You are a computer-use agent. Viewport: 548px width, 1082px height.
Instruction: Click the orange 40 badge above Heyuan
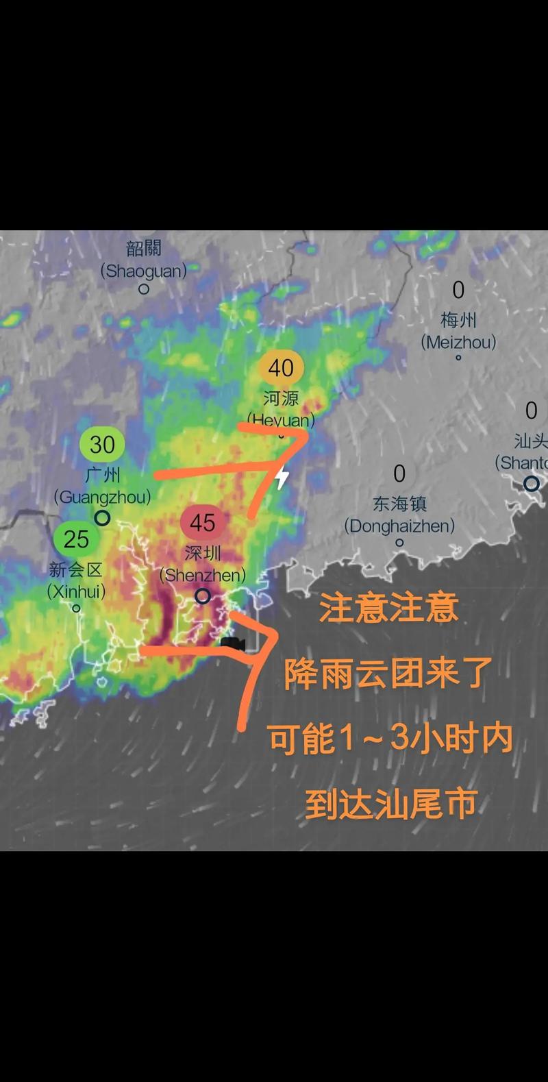[281, 369]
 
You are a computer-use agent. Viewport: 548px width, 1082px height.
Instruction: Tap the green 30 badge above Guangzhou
[102, 445]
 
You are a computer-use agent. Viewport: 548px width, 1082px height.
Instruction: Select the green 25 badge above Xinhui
[76, 539]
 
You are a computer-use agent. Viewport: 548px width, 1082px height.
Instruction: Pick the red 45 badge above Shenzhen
[202, 524]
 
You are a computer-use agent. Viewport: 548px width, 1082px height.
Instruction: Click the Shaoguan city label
[144, 260]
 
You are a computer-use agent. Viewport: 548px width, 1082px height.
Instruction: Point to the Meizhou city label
[458, 331]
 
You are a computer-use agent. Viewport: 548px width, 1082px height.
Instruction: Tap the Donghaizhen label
[399, 515]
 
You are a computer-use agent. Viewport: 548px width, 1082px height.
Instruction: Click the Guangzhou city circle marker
[102, 518]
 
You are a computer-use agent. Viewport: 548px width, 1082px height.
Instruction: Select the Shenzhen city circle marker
[202, 596]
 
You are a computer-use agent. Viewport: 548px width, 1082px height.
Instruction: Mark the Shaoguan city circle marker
[144, 289]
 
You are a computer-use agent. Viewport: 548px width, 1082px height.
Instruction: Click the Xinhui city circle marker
[77, 608]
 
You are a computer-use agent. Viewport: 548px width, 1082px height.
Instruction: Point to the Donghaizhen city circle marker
[399, 543]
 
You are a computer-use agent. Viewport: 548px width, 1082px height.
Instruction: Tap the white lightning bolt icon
[282, 477]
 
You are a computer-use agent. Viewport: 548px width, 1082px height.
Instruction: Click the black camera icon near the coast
[233, 644]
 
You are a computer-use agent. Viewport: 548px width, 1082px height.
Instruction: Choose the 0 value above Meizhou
[458, 291]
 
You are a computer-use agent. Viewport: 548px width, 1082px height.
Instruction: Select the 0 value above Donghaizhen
[399, 474]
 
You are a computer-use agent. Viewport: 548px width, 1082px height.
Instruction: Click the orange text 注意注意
[388, 608]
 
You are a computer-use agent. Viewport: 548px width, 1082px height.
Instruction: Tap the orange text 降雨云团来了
[388, 674]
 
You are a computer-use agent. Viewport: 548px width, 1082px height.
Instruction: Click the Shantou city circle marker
[532, 484]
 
